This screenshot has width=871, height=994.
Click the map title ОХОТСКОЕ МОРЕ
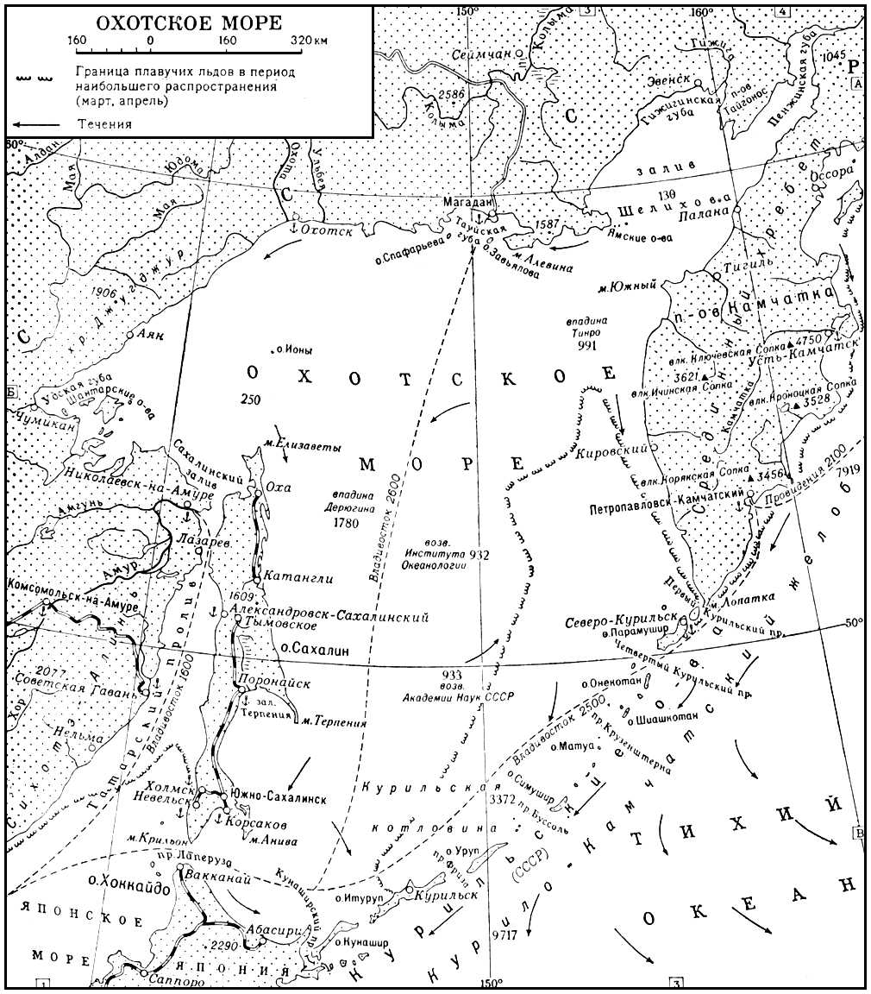(189, 22)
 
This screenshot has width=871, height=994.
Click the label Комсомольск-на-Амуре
(68, 584)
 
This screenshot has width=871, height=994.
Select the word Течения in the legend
(104, 124)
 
